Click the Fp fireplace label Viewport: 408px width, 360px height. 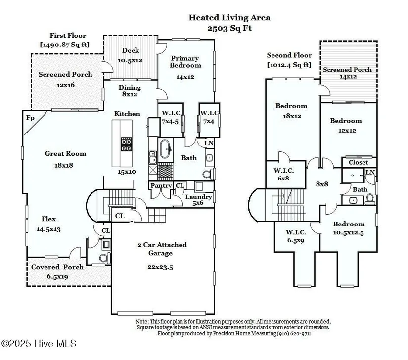[30, 118]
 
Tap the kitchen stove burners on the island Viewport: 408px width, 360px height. [127, 144]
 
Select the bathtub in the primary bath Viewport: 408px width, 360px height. [165, 149]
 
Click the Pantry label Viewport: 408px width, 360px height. [161, 186]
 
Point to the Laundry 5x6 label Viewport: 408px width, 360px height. [198, 200]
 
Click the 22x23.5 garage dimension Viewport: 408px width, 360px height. [160, 267]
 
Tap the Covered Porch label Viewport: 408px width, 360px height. [57, 267]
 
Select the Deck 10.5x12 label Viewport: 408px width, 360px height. [131, 55]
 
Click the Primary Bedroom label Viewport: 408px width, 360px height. [185, 62]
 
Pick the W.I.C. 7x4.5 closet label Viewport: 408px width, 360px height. [171, 117]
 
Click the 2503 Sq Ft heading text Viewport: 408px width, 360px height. [229, 28]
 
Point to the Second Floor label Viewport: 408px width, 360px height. [289, 55]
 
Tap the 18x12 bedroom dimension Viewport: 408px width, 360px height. [292, 116]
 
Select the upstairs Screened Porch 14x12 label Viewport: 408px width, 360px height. [347, 73]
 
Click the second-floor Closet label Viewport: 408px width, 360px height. [359, 162]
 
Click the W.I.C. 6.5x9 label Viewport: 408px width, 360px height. [296, 236]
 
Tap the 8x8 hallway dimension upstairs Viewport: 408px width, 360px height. [322, 184]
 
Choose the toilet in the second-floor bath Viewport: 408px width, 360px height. [370, 199]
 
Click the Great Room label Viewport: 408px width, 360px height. [66, 153]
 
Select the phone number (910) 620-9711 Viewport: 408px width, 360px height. [294, 333]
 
